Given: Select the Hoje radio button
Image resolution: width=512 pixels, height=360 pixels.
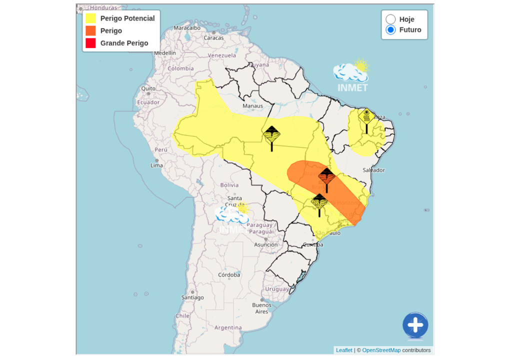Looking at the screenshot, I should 391,19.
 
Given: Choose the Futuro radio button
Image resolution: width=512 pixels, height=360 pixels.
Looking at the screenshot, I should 391,30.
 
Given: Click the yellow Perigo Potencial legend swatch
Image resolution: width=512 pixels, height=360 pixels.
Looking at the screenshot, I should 90,18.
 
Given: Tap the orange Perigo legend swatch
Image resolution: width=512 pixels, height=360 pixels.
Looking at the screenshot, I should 90,31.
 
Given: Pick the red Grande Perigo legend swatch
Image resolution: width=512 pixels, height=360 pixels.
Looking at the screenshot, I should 90,43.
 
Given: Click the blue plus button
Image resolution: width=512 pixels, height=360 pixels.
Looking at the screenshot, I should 415,325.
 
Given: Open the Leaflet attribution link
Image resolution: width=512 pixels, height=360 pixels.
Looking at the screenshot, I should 344,350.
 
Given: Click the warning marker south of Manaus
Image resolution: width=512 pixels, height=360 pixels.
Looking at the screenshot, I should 271,134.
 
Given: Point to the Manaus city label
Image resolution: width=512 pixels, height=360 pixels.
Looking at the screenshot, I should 252,106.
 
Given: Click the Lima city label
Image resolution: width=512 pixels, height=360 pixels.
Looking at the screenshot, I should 157,165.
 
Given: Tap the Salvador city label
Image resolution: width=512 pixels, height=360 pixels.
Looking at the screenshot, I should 373,170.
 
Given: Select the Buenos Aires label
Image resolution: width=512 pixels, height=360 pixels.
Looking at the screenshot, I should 262,308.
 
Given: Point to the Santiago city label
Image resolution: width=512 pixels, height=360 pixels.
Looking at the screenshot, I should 192,297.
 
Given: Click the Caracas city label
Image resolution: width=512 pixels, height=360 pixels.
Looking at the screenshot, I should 213,37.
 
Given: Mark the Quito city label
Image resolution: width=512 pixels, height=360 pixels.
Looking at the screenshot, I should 148,88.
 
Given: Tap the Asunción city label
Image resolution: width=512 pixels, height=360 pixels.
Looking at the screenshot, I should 265,244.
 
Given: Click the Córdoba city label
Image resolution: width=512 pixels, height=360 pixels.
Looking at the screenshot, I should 229,275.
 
